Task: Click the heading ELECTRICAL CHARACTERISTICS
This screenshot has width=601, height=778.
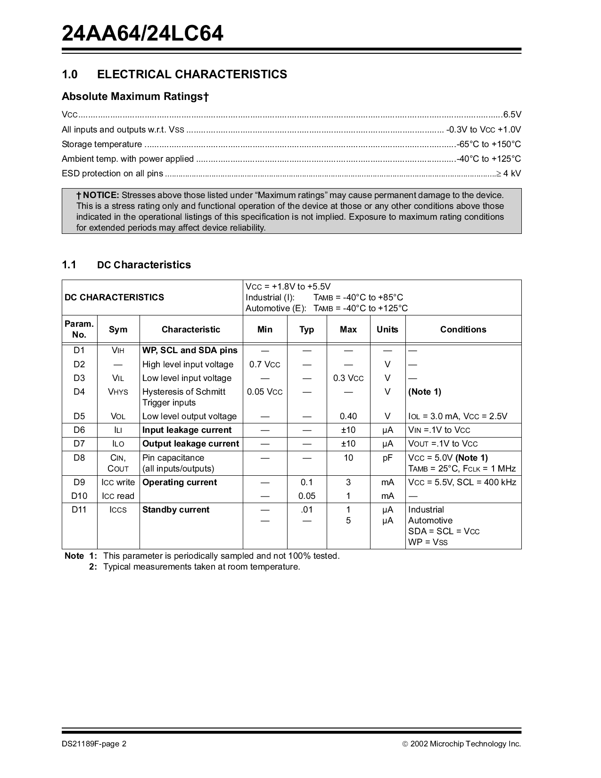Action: tap(192, 74)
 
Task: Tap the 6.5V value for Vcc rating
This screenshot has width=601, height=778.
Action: tap(512, 115)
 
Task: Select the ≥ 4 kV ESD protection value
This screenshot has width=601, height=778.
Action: tap(509, 174)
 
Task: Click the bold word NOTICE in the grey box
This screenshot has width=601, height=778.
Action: tap(101, 195)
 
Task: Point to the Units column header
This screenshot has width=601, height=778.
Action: tap(387, 330)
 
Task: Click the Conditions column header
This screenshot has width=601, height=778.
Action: tap(463, 330)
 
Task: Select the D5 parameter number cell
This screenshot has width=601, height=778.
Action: tap(79, 416)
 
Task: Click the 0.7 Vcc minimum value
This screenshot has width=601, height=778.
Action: tap(264, 364)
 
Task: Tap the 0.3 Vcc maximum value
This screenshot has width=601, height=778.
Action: tap(348, 378)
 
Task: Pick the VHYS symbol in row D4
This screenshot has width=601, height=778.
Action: tap(118, 392)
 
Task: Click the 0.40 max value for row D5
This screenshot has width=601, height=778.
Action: tap(348, 416)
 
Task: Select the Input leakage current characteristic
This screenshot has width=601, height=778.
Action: tap(187, 430)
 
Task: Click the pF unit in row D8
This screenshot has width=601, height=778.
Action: tap(387, 458)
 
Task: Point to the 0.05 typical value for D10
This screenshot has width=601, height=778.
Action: tap(306, 496)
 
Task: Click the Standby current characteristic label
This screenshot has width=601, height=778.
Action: tap(175, 510)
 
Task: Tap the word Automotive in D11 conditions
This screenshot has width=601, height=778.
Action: tap(430, 521)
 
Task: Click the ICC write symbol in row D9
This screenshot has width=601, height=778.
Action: tap(118, 482)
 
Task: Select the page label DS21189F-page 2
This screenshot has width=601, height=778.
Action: tap(94, 744)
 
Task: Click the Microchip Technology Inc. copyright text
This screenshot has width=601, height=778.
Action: tap(465, 744)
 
